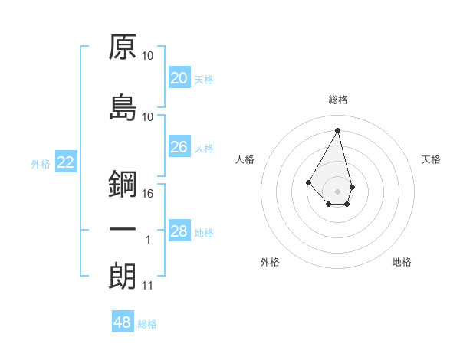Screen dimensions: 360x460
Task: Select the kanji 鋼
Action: [x=123, y=184]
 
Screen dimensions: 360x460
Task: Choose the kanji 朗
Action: [x=123, y=276]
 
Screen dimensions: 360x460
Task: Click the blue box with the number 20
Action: [x=179, y=78]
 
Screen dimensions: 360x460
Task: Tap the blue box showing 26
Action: [x=179, y=147]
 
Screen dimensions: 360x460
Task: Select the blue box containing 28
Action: [x=179, y=231]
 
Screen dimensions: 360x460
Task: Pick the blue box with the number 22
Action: [x=66, y=162]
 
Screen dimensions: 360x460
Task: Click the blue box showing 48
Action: [x=123, y=322]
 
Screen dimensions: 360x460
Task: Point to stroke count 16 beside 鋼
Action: [x=148, y=194]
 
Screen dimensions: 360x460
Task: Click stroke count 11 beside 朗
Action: [x=148, y=286]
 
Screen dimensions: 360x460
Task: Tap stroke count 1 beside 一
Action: [x=149, y=240]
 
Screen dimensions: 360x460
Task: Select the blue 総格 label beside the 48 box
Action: [x=147, y=324]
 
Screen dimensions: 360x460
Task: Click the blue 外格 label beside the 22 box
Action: [x=41, y=163]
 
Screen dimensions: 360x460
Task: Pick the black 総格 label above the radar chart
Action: [x=338, y=100]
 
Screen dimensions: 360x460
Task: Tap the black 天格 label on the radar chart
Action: [x=432, y=159]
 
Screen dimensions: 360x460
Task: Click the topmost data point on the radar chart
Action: [x=338, y=129]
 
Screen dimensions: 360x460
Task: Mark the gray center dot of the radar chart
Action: [x=338, y=191]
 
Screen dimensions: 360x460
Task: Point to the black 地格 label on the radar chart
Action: [x=402, y=262]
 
